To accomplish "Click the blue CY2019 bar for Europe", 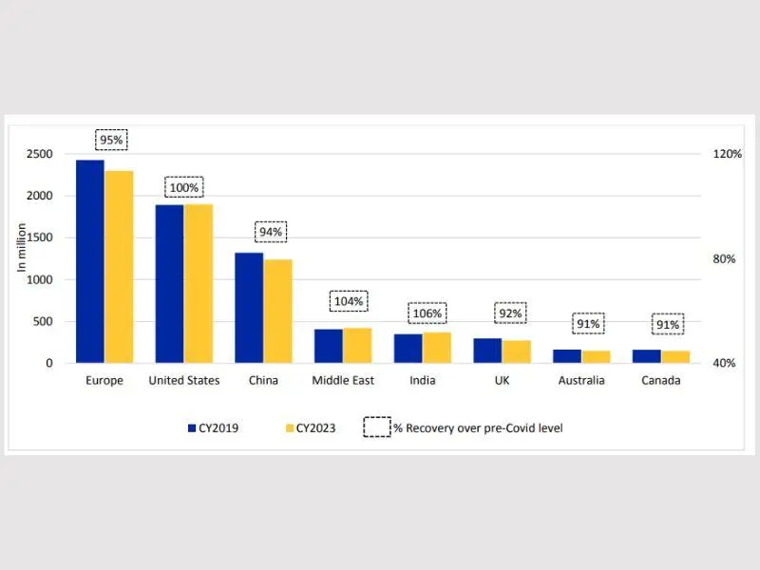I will click(90, 261).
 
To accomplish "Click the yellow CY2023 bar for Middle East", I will click(358, 346).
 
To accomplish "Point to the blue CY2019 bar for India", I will click(408, 348).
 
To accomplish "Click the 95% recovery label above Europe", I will click(111, 140).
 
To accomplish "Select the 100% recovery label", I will click(183, 187).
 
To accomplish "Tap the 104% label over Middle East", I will click(349, 301).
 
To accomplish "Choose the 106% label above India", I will click(427, 313).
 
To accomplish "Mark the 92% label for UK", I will click(509, 313).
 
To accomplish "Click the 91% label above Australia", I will click(588, 324).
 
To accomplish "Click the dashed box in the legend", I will click(377, 428).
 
